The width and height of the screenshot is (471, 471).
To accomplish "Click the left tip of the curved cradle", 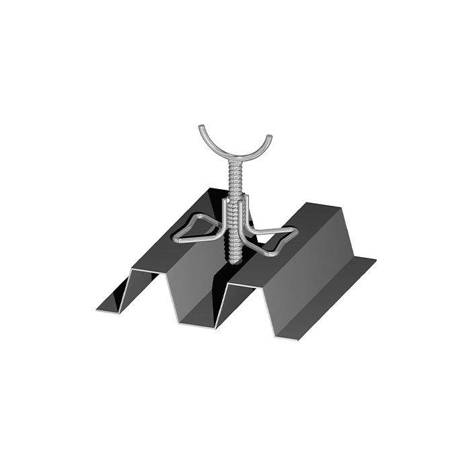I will tap(201, 127).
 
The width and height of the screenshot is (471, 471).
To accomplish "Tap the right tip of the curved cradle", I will tap(270, 137).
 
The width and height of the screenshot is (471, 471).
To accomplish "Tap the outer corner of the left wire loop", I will tap(176, 238).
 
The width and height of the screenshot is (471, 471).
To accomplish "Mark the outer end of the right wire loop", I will tap(296, 232).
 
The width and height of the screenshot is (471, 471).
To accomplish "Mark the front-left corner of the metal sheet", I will tap(98, 311).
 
